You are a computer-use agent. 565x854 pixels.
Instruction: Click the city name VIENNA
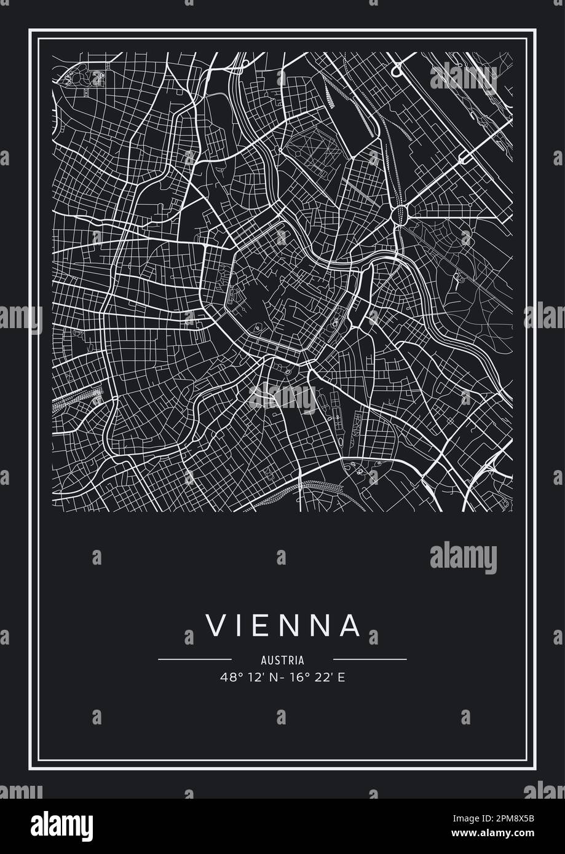coord(282,625)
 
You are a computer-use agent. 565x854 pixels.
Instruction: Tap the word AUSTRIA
coord(282,660)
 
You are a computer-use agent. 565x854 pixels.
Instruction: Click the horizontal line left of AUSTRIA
coord(195,660)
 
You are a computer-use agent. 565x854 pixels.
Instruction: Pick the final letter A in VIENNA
coord(351,625)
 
